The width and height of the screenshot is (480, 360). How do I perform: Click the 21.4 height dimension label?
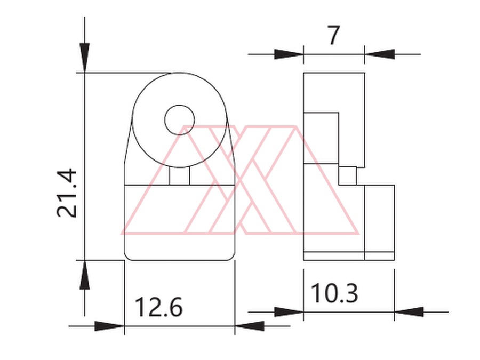click(67, 193)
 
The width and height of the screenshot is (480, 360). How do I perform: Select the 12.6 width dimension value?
click(158, 307)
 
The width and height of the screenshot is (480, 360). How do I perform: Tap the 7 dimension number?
click(334, 35)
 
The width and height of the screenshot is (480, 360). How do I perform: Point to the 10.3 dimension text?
click(334, 293)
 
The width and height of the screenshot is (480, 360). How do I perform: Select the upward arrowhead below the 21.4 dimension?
click(85, 275)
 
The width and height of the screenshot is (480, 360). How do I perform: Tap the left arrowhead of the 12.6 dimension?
click(109, 326)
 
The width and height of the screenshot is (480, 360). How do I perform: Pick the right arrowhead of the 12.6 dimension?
click(250, 326)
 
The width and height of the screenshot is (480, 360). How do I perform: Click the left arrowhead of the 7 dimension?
click(289, 54)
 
